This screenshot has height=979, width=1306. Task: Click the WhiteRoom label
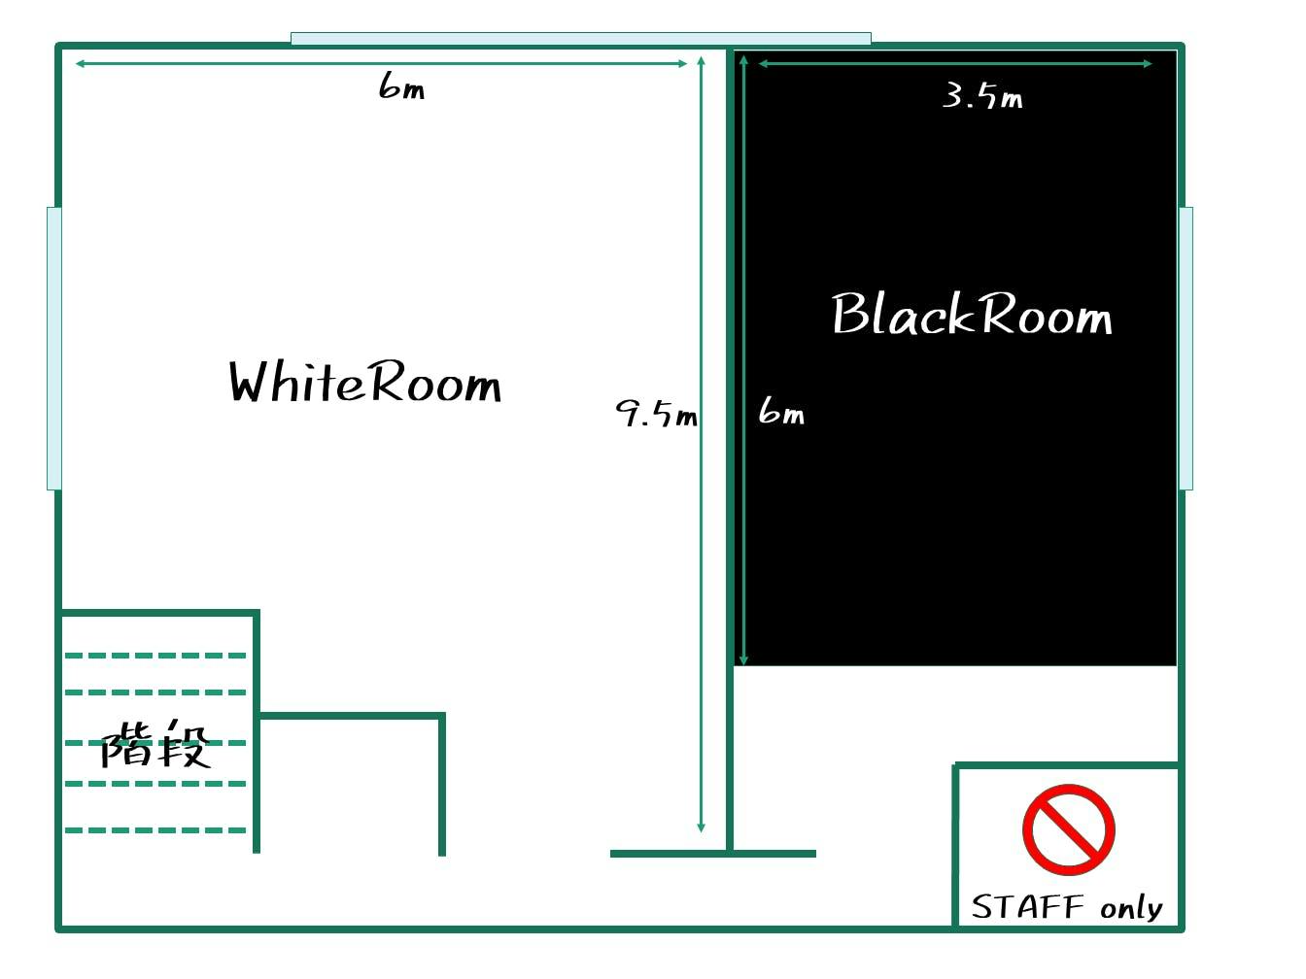coord(364,382)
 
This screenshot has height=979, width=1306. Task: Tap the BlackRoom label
coord(972,314)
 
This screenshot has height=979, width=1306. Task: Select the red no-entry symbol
coord(1069,829)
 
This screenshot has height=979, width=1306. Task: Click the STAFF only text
coord(1067,907)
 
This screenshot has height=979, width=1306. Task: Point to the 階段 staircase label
coord(155,744)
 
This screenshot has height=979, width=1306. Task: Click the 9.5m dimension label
coord(656,413)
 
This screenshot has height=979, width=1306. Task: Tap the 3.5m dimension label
coord(982,96)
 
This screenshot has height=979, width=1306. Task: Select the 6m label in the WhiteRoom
coord(401,85)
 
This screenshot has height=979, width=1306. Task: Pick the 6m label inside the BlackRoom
coord(781,410)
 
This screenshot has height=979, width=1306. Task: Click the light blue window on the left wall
coord(54,349)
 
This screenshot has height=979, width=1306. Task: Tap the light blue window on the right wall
coord(1186,349)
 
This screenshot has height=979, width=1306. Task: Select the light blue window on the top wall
coord(581,39)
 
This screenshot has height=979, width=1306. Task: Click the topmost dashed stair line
coord(155,656)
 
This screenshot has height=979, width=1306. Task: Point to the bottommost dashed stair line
coord(155,830)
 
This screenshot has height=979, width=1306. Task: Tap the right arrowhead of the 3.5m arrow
coord(1149,63)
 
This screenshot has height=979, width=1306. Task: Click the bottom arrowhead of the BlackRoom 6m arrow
coord(743,660)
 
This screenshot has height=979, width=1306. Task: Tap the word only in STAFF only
coord(1132,908)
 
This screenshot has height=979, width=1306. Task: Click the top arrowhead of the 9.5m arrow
coord(701,60)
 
